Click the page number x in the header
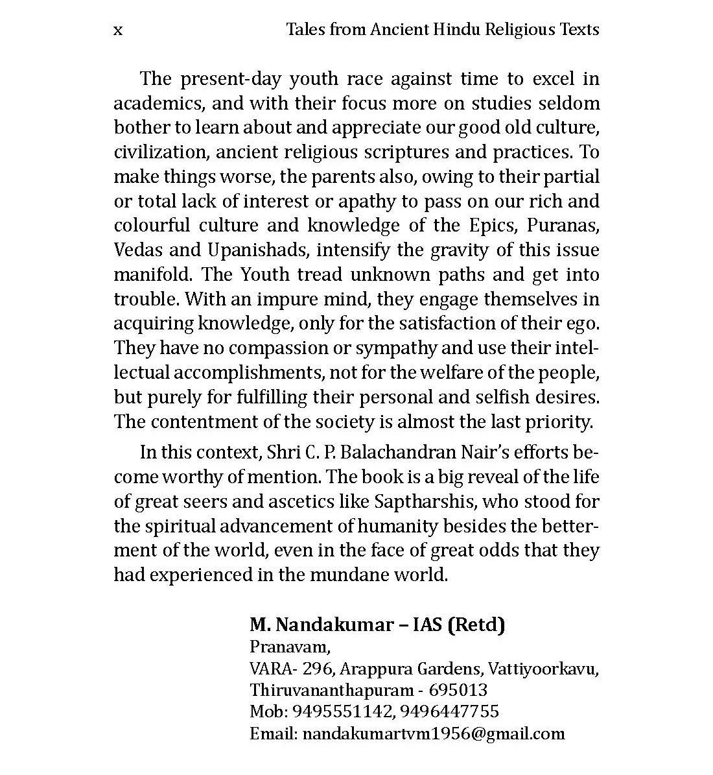pyautogui.click(x=117, y=30)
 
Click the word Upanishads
pyautogui.click(x=257, y=250)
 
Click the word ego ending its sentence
pyautogui.click(x=583, y=324)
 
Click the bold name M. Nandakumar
pyautogui.click(x=321, y=625)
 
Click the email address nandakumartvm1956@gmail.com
pyautogui.click(x=434, y=734)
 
